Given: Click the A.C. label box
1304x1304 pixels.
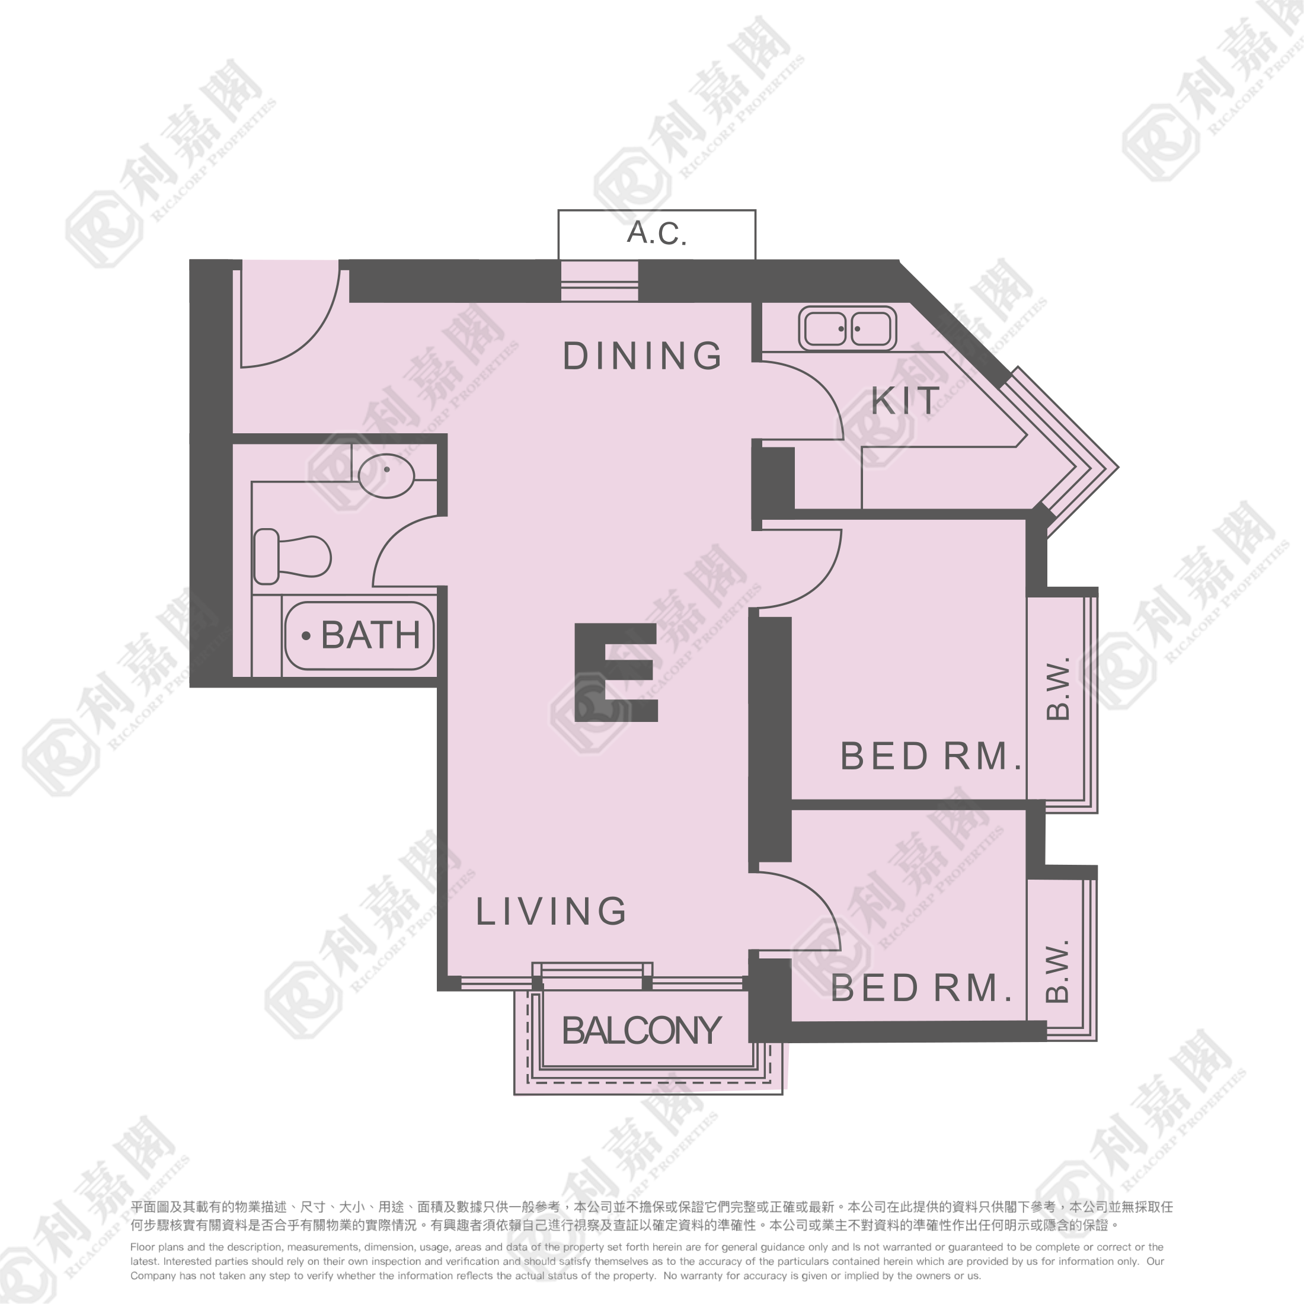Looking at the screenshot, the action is [656, 234].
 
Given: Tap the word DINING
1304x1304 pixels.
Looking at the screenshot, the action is [642, 356].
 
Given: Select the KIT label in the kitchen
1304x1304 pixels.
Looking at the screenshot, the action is [905, 401].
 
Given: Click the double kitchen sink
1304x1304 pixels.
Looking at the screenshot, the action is [847, 329].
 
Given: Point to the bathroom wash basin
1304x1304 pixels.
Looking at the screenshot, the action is [386, 476].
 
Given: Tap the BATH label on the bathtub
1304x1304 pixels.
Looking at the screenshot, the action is [370, 635].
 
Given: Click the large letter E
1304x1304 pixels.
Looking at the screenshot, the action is [616, 672].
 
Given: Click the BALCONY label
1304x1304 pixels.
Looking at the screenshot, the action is [642, 1031].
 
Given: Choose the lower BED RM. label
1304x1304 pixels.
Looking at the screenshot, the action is [921, 988].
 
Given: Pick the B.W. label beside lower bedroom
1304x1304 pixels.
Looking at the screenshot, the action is [1057, 970].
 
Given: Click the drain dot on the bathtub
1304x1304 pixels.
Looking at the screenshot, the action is [306, 636].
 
